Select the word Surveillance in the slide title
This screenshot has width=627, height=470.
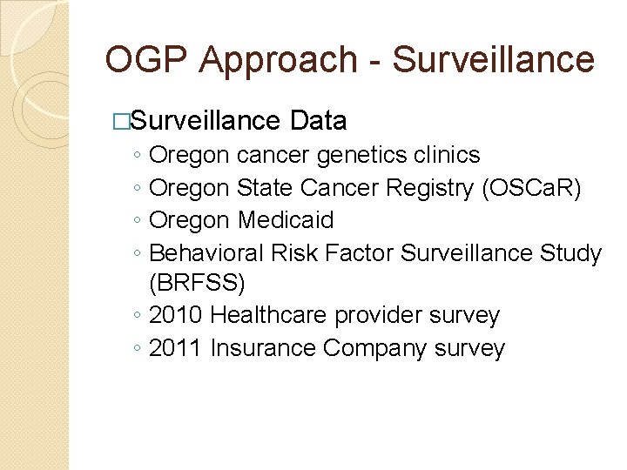tap(494, 60)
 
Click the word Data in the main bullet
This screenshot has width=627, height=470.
tap(320, 120)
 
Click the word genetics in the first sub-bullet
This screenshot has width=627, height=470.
tap(361, 155)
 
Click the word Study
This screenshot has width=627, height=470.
tap(570, 252)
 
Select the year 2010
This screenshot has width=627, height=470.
tap(177, 315)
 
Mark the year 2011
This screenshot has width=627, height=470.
tap(176, 348)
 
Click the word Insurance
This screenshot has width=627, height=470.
tap(263, 348)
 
